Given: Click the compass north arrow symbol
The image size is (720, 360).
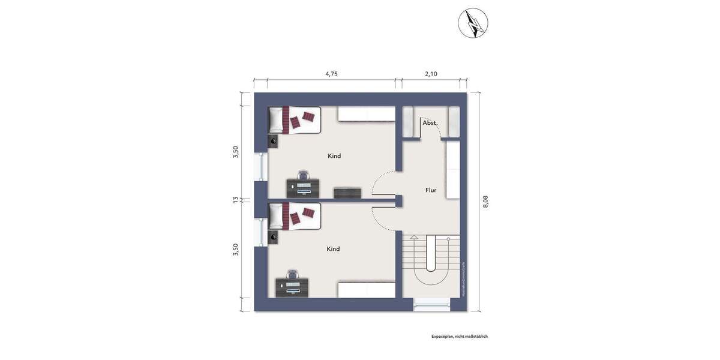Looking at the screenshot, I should coord(473,23).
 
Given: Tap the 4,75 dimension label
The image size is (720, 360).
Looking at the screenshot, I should coord(331,74).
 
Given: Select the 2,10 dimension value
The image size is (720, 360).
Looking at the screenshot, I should coord(431,74).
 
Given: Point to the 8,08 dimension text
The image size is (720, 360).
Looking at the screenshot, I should coord(485,202).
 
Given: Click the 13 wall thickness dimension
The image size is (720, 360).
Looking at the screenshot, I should coord(236,200).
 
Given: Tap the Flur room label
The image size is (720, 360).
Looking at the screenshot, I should coord(431,190).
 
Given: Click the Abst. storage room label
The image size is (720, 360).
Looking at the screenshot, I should coord(430,123).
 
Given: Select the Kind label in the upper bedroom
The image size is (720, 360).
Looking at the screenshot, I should coord(334,156).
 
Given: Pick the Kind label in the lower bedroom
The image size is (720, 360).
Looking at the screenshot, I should coord(333,249).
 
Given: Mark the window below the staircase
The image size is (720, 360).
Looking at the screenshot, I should coord(431,305).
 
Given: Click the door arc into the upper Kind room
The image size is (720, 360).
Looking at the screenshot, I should coord(382,183).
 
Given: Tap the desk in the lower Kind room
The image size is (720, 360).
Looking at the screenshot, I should coord(293,287).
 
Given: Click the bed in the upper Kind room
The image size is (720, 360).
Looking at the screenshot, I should coord(294,120).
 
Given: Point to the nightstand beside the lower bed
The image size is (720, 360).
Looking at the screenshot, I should coord(274,236).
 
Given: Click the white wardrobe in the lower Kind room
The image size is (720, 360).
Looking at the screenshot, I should coord(366,290).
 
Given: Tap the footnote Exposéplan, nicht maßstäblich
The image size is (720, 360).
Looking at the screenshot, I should coord(459,337).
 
